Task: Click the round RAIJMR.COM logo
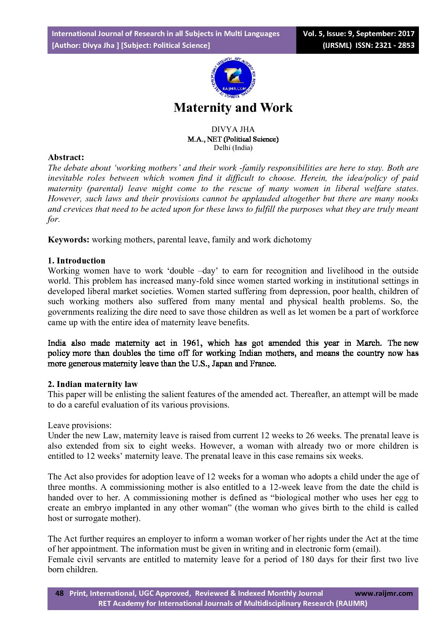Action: click(233, 78)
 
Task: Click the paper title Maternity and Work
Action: click(233, 108)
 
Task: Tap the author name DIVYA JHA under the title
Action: click(233, 129)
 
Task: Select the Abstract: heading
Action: click(66, 158)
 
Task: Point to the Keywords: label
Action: click(69, 240)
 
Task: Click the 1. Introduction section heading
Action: click(77, 261)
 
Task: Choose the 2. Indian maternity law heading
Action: click(93, 384)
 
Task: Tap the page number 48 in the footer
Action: click(60, 593)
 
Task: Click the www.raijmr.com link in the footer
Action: click(384, 593)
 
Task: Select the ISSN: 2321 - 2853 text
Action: click(385, 45)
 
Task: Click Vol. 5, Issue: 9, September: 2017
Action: click(359, 34)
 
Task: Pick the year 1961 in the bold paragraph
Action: click(192, 343)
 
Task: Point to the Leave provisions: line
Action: click(79, 425)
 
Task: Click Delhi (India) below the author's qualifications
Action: click(233, 147)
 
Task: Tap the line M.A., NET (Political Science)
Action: click(233, 139)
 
